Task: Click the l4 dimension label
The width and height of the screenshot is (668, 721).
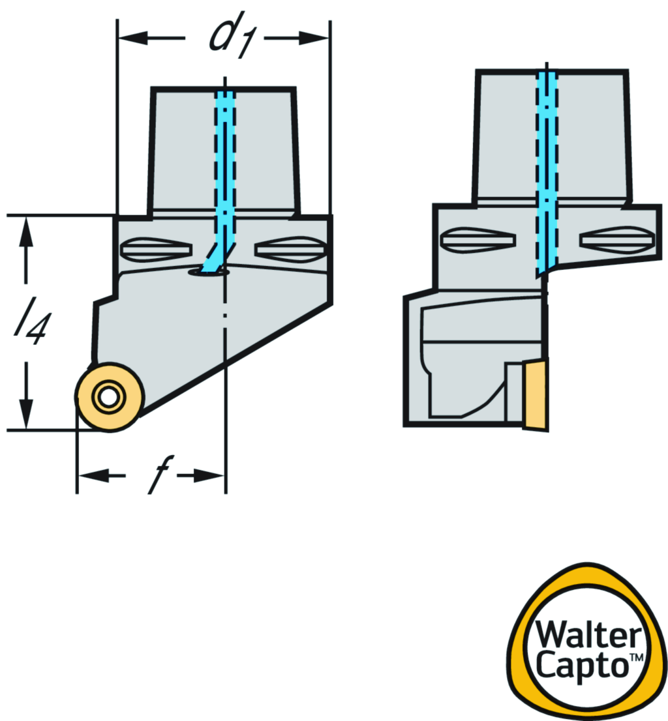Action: [x=30, y=323]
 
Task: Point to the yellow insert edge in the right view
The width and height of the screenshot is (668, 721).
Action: [x=536, y=394]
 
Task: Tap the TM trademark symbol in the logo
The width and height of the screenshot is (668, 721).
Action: [x=635, y=659]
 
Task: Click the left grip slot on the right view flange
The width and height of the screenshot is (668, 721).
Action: [x=478, y=240]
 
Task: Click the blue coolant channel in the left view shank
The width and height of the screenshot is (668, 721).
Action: [x=225, y=163]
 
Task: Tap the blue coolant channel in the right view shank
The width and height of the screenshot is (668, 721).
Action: [x=547, y=163]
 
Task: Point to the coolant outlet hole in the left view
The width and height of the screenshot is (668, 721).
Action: [x=208, y=273]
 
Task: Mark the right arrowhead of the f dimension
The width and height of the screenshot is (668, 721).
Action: [x=215, y=475]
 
